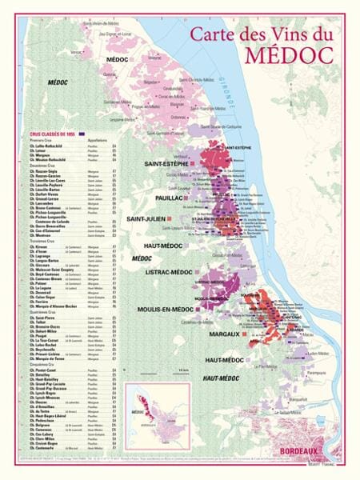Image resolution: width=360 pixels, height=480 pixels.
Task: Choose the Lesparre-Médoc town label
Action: click(122, 119)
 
